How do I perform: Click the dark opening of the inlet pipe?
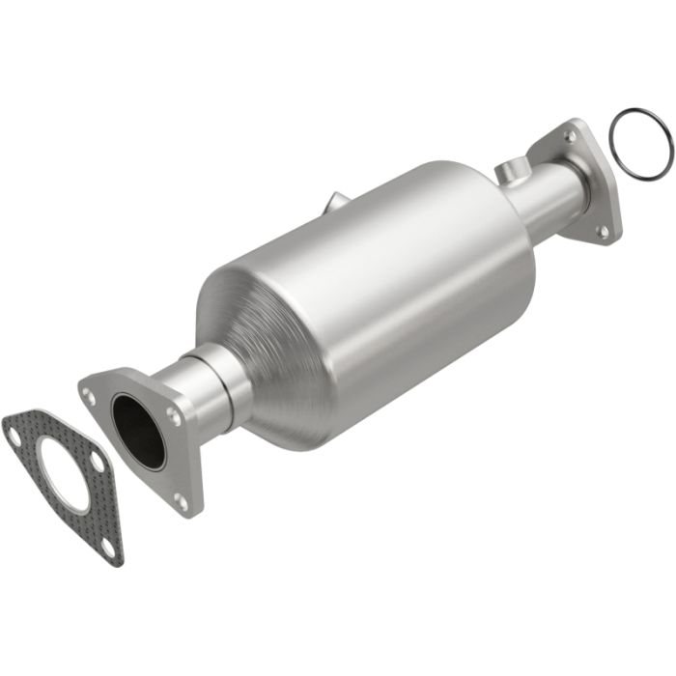pos(137,430)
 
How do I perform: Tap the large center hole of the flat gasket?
pos(64,474)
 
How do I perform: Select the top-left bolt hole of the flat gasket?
pos(15,436)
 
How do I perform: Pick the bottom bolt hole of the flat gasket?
pos(107,546)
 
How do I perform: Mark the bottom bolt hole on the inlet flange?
pos(180,500)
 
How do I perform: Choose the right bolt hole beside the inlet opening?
pos(173,416)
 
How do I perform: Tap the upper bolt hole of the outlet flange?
pos(572,138)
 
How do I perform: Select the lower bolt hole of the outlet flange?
pos(604,231)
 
